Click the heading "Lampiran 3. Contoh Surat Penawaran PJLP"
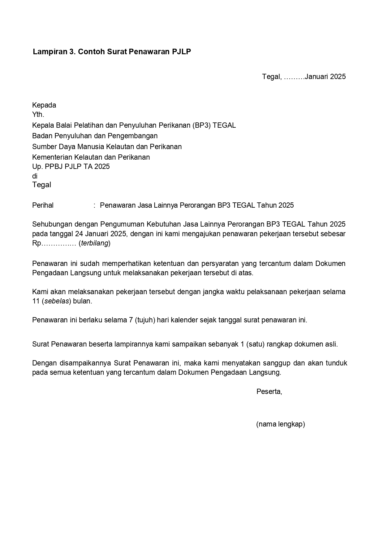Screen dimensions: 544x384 tap(112, 52)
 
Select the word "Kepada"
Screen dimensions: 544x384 tap(44, 105)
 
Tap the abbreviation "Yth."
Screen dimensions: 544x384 tap(38, 114)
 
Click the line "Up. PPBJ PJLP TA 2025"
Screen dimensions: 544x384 tap(71, 166)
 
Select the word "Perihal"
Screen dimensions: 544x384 tap(43, 205)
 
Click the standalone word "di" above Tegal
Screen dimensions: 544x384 tap(35, 176)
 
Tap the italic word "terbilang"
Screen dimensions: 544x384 tap(95, 243)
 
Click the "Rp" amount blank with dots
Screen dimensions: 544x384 tap(54, 243)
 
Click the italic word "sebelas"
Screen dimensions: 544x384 tap(57, 301)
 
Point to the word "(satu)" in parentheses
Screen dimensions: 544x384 tap(256, 344)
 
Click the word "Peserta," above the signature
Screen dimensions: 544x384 tap(269, 391)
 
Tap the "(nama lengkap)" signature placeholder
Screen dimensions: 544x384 tap(280, 424)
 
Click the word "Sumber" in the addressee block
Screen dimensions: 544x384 tap(43, 147)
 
